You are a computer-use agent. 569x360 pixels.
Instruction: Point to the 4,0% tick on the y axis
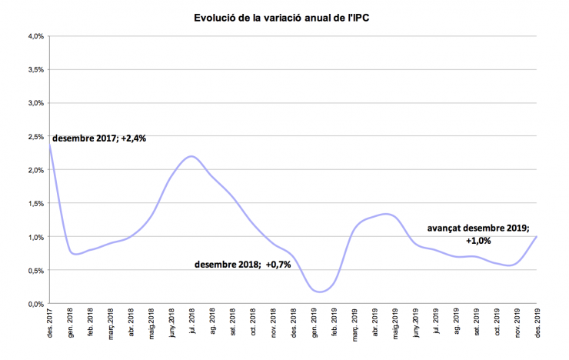[35, 36]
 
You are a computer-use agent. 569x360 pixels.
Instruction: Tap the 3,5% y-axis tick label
[35, 69]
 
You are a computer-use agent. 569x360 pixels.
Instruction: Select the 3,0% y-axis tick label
[35, 103]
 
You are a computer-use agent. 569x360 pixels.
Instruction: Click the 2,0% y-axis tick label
[35, 170]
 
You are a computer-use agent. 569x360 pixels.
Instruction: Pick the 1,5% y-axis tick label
[35, 204]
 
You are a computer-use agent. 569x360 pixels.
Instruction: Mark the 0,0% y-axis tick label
[35, 304]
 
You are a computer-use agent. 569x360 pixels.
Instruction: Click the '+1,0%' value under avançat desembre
[478, 240]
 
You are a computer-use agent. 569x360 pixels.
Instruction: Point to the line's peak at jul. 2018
[191, 157]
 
